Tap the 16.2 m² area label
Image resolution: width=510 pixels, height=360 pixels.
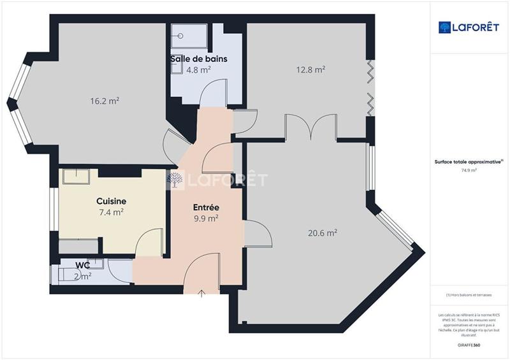tap(105, 101)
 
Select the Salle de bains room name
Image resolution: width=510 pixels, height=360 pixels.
tap(198, 59)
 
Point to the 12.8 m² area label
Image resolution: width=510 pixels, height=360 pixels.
tap(310, 69)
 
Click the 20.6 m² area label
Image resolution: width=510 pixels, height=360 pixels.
tap(322, 234)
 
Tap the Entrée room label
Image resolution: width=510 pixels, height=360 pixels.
tap(206, 208)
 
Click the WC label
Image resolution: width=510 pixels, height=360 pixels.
tap(82, 264)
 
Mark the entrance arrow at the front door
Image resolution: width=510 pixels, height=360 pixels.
tap(202, 293)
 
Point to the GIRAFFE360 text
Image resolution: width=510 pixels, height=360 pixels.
tap(469, 345)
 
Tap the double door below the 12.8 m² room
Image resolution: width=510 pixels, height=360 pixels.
tap(310, 127)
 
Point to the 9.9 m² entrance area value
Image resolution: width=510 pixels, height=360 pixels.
tap(206, 218)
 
